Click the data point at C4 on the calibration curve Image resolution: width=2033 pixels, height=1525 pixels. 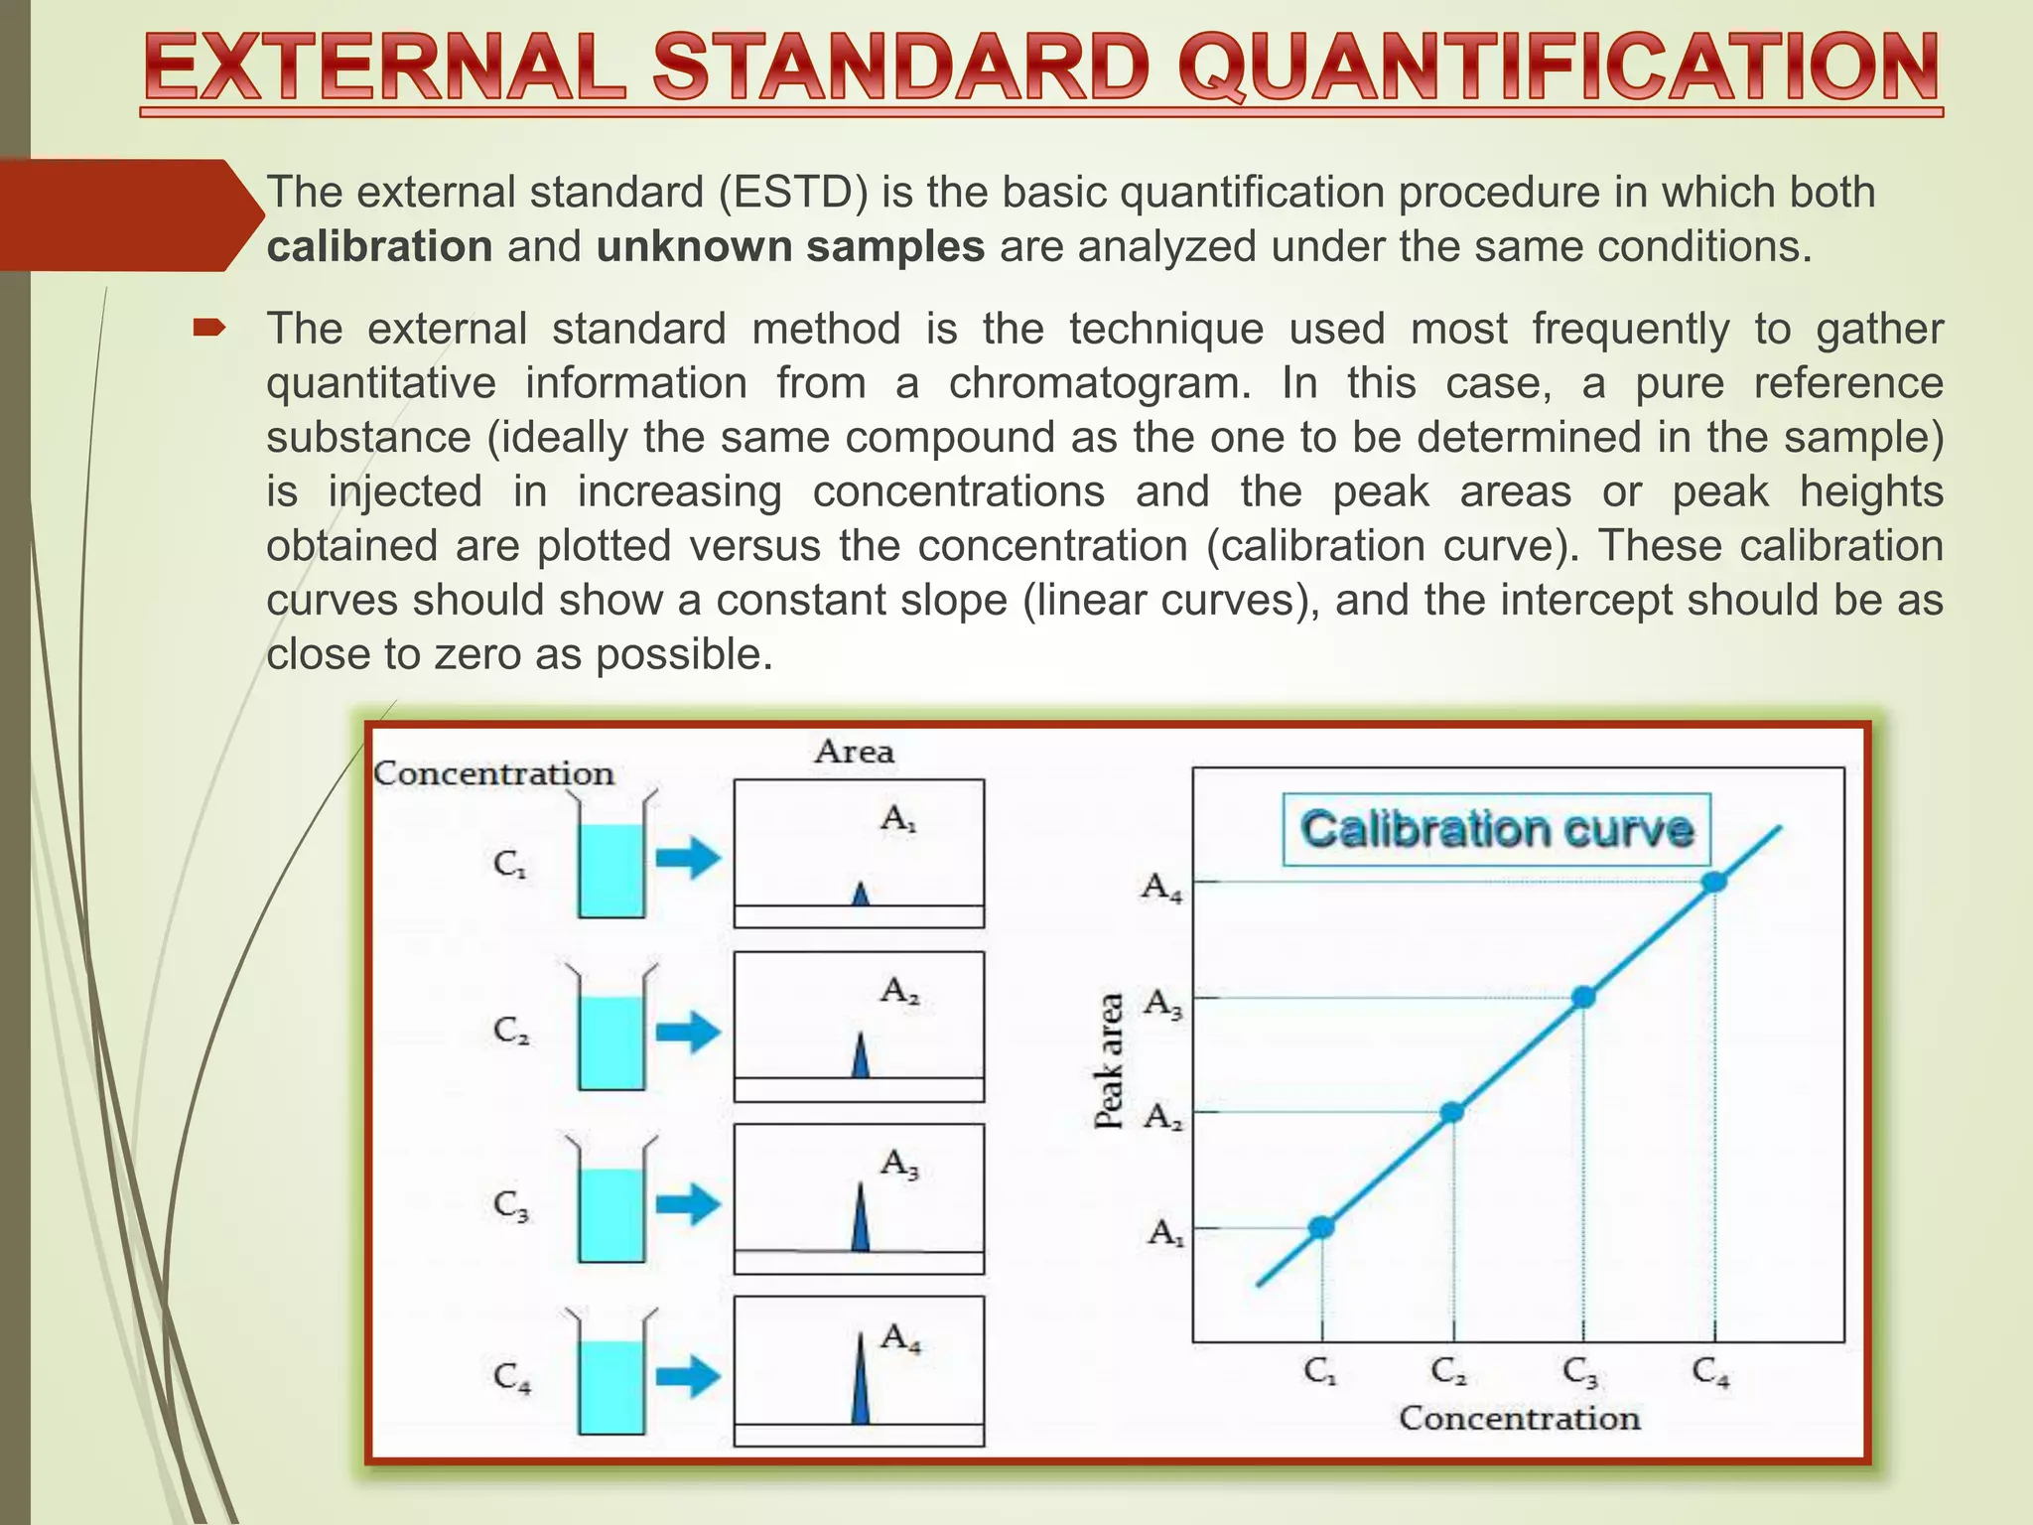click(1714, 882)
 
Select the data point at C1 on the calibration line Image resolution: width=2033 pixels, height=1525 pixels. click(1321, 1228)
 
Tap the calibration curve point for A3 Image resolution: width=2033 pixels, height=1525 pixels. click(1584, 997)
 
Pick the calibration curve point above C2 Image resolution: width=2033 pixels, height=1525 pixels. click(1452, 1112)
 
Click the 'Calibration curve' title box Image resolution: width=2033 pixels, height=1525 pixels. click(1496, 830)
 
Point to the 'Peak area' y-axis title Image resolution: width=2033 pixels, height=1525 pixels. click(1110, 1060)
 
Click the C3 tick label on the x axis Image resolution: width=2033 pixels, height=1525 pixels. click(1580, 1373)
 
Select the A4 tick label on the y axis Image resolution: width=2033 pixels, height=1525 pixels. click(1162, 887)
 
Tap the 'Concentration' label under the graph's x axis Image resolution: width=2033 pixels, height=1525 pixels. click(1519, 1419)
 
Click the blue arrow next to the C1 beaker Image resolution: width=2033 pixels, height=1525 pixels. click(687, 858)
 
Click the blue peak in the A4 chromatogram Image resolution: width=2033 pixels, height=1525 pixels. click(860, 1382)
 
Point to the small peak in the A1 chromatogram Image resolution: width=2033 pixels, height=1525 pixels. click(861, 895)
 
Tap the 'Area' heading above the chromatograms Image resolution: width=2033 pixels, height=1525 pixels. click(855, 752)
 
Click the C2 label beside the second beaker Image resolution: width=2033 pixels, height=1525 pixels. click(511, 1032)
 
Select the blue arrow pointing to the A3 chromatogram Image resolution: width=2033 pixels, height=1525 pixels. click(687, 1204)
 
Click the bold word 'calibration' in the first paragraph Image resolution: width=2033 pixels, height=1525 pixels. click(379, 247)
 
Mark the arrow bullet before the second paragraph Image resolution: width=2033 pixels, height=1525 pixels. click(209, 327)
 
